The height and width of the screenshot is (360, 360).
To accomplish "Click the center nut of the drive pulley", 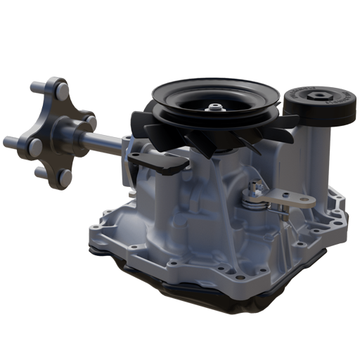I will coord(214,108).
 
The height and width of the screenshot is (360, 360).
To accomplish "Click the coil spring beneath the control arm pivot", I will coord(250,205).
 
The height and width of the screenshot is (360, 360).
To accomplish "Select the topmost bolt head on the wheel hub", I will coord(62,89).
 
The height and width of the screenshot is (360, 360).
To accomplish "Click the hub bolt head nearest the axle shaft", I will coord(90,121).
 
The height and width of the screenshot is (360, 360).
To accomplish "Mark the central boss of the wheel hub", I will coord(60,131).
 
